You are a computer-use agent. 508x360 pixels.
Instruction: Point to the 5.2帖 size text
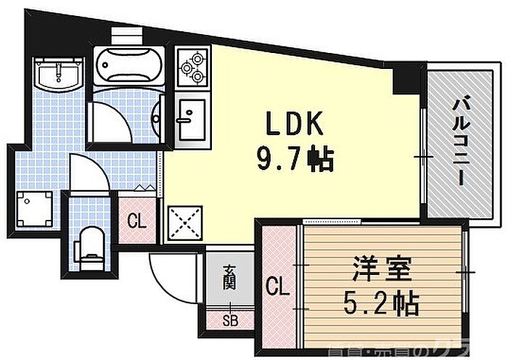(x=382, y=303)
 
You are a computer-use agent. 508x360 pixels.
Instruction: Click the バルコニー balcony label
(x=460, y=142)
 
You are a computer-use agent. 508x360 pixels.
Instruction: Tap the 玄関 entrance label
(x=228, y=278)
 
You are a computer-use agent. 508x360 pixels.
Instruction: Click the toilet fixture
(x=90, y=244)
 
